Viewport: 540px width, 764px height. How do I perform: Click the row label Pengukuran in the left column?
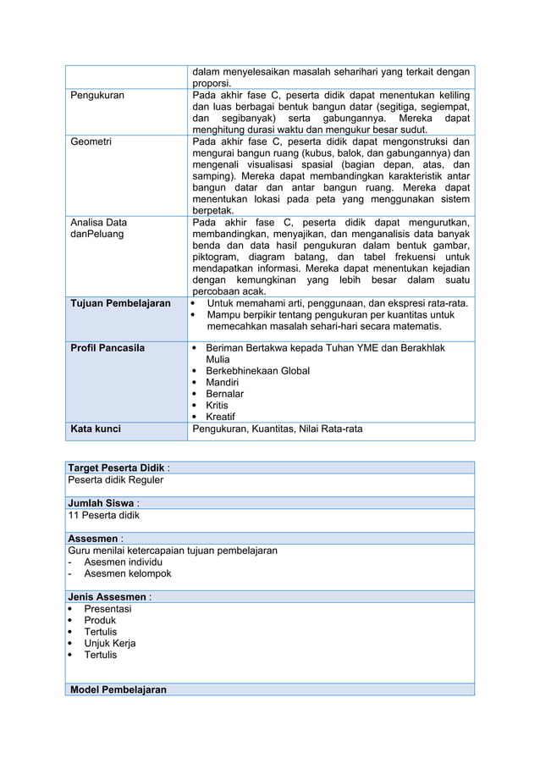coord(96,96)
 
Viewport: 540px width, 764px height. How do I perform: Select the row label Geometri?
coord(91,141)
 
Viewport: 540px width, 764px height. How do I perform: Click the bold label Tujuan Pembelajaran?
coord(120,303)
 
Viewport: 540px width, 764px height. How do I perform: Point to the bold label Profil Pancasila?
coord(107,347)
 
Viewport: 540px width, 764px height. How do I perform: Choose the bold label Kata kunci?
coord(96,429)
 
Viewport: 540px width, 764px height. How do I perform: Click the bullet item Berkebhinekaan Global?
coord(257,371)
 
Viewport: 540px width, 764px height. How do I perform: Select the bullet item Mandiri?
coord(222,383)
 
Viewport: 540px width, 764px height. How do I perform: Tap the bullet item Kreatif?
coord(221,417)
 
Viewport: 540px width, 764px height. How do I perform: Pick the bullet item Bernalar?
coord(224,394)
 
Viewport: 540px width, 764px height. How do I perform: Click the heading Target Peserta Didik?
coord(117,468)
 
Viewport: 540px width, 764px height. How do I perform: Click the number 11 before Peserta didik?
coord(74,514)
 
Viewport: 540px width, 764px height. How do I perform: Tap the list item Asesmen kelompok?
coord(127,573)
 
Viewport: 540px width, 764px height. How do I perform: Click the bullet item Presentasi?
coord(107,608)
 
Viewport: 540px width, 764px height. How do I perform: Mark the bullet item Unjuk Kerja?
coord(109,643)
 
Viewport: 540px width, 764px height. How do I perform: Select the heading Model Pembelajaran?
coord(118,689)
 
